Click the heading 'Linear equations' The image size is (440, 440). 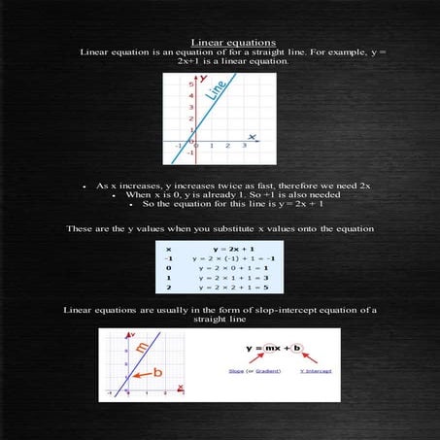tap(220, 43)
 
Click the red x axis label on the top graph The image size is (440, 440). tap(252, 137)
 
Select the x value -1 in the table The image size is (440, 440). tap(169, 259)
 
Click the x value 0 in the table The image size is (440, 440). tap(169, 268)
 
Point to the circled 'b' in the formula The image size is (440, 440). tap(297, 347)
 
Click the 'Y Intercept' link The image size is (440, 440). tap(316, 370)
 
